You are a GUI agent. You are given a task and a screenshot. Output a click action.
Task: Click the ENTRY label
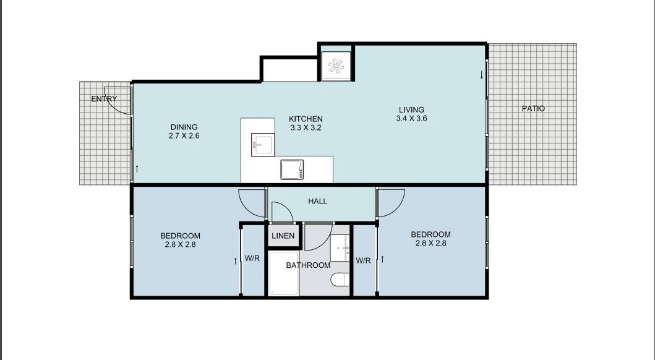[104, 99]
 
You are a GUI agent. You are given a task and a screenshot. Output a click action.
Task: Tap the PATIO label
[533, 108]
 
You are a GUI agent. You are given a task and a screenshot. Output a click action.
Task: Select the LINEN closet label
[283, 236]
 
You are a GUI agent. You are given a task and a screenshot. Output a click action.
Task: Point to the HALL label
[317, 201]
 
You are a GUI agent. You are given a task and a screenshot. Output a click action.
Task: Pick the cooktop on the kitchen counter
[292, 169]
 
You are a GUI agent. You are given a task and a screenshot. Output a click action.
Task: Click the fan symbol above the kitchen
[336, 66]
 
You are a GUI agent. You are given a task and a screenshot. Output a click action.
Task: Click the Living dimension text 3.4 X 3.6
[412, 119]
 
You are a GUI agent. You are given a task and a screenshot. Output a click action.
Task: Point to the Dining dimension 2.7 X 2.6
[184, 135]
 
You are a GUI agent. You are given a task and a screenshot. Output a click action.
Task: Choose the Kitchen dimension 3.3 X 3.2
[306, 127]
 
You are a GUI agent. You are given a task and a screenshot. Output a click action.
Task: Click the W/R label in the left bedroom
[252, 259]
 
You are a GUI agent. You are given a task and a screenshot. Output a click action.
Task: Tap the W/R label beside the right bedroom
[363, 260]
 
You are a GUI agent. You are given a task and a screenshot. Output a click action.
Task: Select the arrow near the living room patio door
[481, 75]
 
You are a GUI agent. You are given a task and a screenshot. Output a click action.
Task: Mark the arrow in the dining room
[137, 168]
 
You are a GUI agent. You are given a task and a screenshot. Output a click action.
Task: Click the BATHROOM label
[307, 265]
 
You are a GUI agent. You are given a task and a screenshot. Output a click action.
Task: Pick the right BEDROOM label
[430, 234]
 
